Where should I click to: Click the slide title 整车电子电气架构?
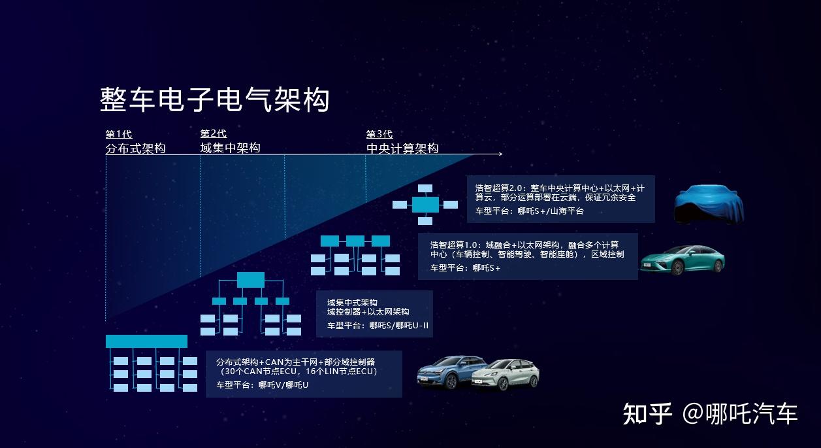tap(214, 100)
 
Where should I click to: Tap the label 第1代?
tap(119, 135)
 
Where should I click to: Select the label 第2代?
tap(213, 134)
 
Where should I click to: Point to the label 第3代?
tap(379, 135)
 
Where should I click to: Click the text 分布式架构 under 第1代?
tap(136, 149)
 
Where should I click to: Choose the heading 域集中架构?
tap(230, 148)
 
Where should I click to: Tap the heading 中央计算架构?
tap(402, 149)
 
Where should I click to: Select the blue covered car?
tap(709, 204)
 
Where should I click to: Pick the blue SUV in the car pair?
tap(447, 373)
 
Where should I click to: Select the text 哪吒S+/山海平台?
tap(551, 211)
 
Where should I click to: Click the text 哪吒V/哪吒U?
tap(283, 385)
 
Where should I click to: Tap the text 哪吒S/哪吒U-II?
tap(398, 325)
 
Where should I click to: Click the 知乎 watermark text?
tap(647, 414)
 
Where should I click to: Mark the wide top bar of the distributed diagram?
tap(146, 341)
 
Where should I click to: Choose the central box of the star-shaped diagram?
tap(425, 205)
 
